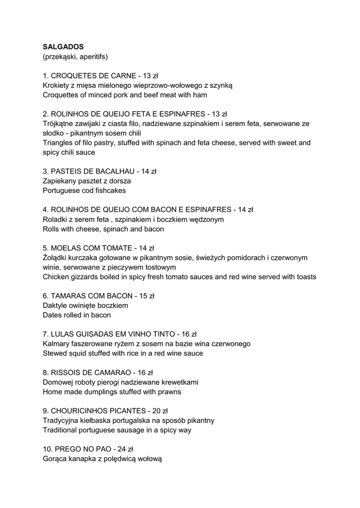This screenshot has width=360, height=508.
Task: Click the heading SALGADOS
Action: [x=63, y=47]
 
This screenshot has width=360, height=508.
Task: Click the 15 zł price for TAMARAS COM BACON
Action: [x=147, y=296]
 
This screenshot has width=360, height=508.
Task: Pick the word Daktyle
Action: [x=56, y=305]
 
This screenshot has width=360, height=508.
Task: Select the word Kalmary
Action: [x=57, y=343]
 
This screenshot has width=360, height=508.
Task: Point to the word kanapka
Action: [x=85, y=459]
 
